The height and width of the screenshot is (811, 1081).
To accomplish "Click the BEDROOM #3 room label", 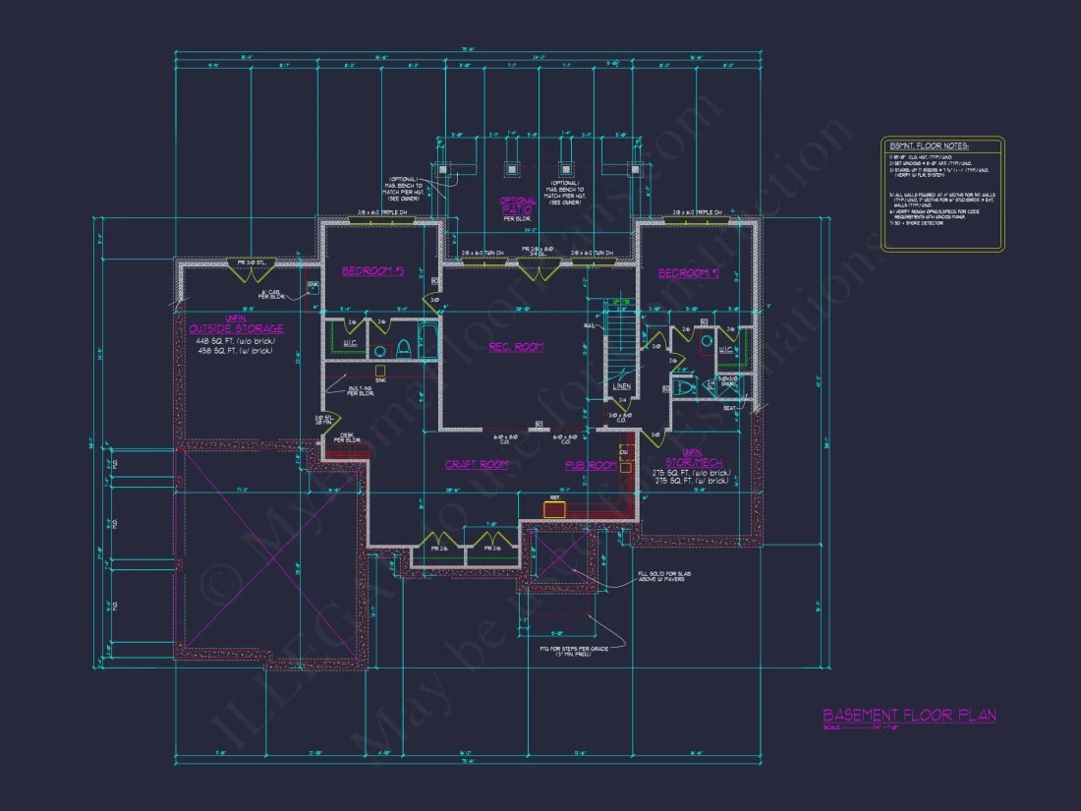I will (x=372, y=271).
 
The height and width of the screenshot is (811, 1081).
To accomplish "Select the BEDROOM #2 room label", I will (x=688, y=273).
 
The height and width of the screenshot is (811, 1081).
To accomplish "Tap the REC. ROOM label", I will (x=516, y=346).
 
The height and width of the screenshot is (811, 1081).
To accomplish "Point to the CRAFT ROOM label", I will (x=477, y=464).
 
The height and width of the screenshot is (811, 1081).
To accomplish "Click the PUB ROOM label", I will (x=590, y=465).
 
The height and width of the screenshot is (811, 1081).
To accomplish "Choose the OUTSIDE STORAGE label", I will (x=236, y=328).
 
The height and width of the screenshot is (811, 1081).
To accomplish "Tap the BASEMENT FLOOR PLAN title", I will (x=909, y=716).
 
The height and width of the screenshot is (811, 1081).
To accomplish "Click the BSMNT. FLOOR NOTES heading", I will (x=929, y=145).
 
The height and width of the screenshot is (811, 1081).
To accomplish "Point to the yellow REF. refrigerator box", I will (x=555, y=509).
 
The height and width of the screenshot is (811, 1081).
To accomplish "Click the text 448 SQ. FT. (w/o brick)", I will (x=235, y=340).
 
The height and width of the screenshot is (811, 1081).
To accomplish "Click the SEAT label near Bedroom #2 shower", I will (x=730, y=408).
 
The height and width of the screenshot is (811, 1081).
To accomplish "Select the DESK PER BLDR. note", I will (x=347, y=437).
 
